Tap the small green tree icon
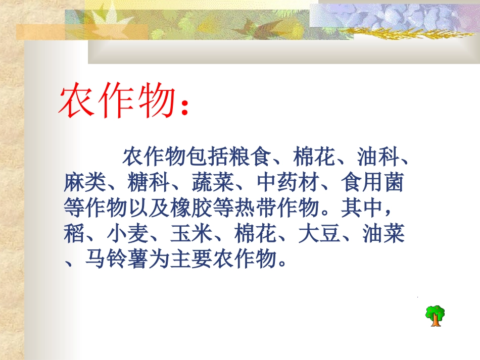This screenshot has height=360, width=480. [x=435, y=316]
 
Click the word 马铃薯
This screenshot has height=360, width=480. [x=116, y=260]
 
